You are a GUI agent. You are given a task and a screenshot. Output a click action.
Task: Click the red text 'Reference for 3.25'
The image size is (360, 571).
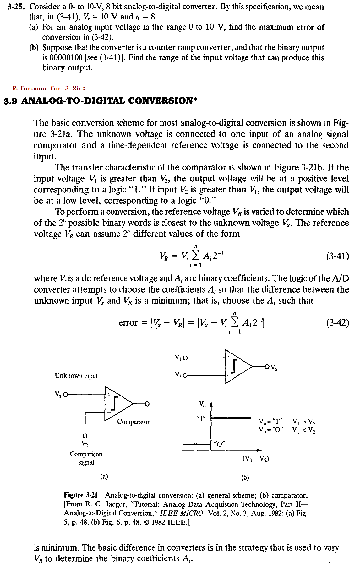pos(49,89)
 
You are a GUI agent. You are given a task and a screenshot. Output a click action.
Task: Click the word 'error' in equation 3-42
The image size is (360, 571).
pos(128,323)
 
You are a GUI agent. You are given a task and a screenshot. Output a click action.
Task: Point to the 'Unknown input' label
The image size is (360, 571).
pos(76,376)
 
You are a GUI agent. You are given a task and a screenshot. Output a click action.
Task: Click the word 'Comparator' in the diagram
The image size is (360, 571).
pos(133,422)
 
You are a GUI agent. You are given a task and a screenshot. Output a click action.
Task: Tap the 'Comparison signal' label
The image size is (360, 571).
pos(86,458)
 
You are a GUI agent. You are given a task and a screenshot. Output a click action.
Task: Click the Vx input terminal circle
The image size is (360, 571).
pos(66,395)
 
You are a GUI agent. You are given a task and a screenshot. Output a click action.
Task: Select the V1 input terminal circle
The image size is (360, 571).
pos(185,358)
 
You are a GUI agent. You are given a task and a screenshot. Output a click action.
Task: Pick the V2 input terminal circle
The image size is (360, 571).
pos(185,375)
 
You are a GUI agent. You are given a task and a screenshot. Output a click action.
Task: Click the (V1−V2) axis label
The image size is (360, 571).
pos(255,459)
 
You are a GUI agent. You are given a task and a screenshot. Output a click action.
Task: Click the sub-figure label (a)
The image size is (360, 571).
pos(104,477)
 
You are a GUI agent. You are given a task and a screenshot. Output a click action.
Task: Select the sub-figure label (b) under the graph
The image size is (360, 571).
pos(245,477)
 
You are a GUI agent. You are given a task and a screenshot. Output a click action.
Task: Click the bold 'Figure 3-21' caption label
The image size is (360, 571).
pos(81,495)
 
